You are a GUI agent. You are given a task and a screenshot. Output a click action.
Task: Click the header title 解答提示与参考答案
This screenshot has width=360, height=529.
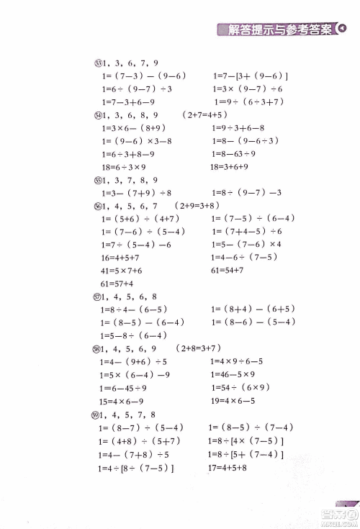279,30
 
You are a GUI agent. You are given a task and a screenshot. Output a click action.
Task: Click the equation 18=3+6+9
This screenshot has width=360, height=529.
230,166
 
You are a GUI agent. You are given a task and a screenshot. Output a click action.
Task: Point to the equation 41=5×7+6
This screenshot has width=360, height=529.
122,271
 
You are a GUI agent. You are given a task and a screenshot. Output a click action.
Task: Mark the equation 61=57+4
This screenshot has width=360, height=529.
117,284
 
